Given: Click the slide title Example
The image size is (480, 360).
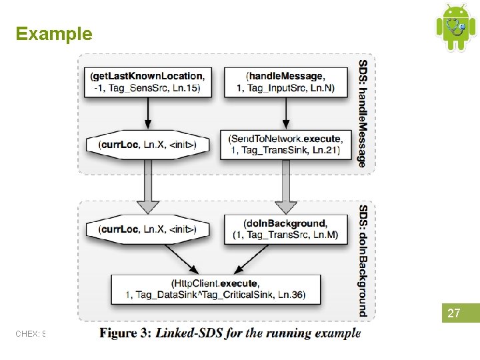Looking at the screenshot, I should tap(54, 34).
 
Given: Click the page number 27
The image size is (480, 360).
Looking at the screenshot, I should tap(453, 313).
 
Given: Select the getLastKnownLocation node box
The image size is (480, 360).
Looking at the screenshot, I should tap(148, 82).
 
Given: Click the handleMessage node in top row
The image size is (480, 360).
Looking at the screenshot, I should tap(285, 82).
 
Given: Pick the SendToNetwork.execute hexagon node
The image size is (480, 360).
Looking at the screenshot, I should tap(285, 144).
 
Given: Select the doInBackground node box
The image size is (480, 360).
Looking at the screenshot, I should tap(285, 229).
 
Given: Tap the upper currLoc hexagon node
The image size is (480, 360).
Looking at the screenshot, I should tap(148, 144).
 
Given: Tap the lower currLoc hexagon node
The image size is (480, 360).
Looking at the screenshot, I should tap(148, 229).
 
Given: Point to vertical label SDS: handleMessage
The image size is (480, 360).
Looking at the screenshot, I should tap(363, 114).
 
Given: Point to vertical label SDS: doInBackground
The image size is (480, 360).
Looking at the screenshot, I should tap(363, 260).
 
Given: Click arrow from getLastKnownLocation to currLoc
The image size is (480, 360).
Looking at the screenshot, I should tap(148, 115).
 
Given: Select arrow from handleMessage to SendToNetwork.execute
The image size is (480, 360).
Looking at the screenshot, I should tap(285, 115).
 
